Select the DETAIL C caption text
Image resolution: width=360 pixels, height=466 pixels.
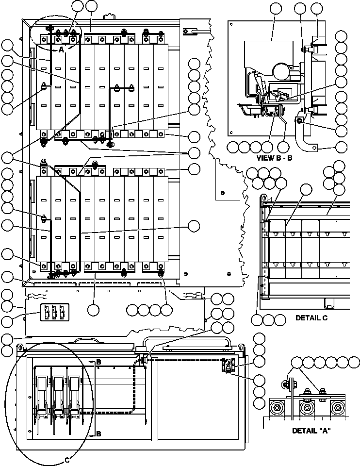click(x=311, y=318)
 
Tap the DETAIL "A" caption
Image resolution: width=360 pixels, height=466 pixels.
click(x=311, y=431)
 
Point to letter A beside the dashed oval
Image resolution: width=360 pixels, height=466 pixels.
click(x=61, y=50)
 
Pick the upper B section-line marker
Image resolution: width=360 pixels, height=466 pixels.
click(x=98, y=362)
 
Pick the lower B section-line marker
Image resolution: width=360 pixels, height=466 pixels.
click(x=98, y=433)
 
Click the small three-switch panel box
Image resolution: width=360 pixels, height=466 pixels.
click(x=54, y=314)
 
